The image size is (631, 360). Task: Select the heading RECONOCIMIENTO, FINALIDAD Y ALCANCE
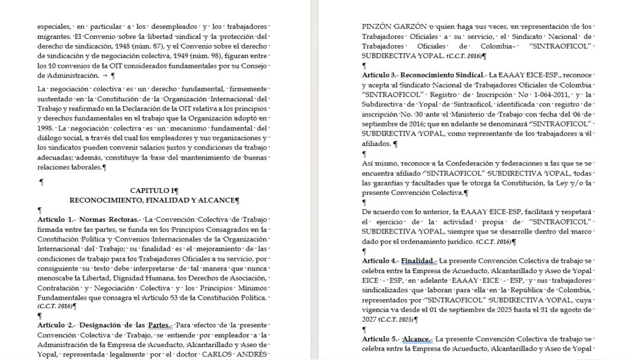tap(153, 200)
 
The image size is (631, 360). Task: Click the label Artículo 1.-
tap(56, 219)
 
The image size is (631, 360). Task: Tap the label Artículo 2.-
tap(56, 325)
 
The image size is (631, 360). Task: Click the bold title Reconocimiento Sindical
tap(437, 75)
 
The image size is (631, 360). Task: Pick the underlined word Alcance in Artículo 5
tap(418, 339)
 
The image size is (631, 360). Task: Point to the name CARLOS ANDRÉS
tap(238, 354)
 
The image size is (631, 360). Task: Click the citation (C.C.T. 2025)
tap(397, 319)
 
